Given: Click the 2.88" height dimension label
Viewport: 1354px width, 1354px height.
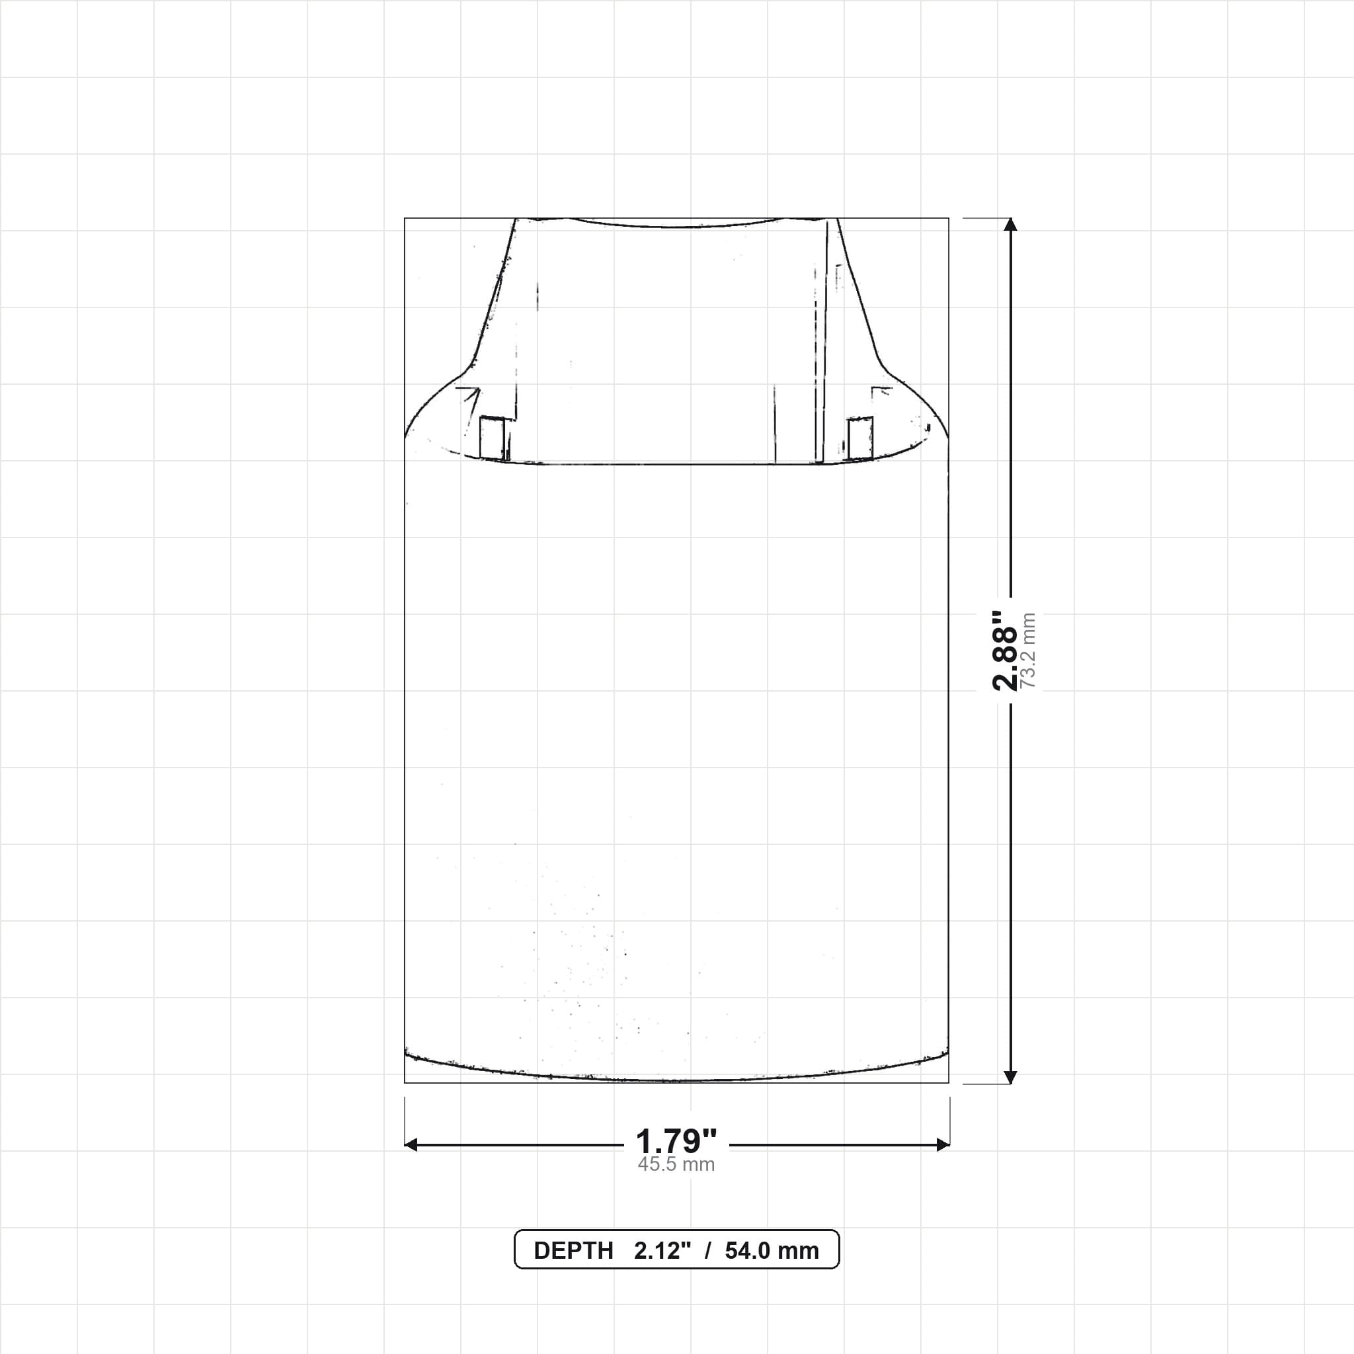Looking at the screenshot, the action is tap(1004, 651).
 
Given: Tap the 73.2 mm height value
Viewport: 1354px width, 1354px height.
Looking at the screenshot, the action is tap(1028, 651).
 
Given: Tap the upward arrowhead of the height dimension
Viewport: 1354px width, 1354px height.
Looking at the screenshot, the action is tap(1010, 225).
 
